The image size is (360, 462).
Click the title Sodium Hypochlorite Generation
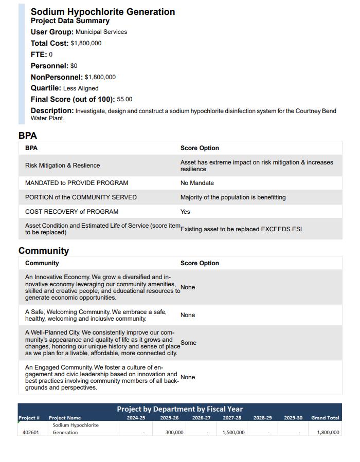103,12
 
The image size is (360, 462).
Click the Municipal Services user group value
101,32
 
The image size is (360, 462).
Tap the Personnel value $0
74,66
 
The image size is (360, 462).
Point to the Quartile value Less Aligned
81,88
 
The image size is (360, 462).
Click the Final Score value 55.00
124,99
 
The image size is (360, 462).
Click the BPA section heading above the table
28,136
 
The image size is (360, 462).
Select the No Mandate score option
197,183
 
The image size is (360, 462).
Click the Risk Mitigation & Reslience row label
62,165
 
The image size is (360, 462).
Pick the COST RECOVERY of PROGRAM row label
71,212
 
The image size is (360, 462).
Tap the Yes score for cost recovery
185,212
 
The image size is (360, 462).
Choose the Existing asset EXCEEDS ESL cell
242,229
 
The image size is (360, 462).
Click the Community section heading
44,251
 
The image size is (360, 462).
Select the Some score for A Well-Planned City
189,343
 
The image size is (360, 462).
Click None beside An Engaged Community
188,377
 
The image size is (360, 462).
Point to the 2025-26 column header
169,418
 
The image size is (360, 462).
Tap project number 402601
31,432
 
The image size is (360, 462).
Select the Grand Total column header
325,418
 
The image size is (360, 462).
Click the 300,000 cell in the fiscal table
174,432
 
